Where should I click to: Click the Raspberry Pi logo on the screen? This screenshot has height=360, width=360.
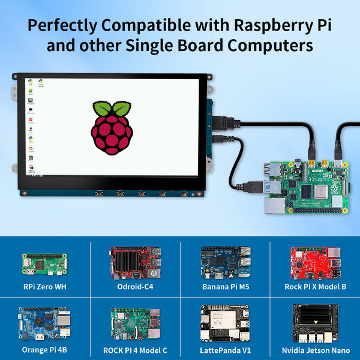(112, 127)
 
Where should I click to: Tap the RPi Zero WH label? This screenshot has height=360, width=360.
(44, 287)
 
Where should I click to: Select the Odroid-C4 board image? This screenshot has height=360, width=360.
(135, 262)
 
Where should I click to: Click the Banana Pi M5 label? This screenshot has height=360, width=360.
(225, 287)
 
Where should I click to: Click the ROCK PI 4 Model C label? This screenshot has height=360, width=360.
(135, 350)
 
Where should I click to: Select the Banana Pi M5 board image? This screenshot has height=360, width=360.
(225, 262)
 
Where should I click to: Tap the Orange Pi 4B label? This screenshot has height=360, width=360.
(44, 350)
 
